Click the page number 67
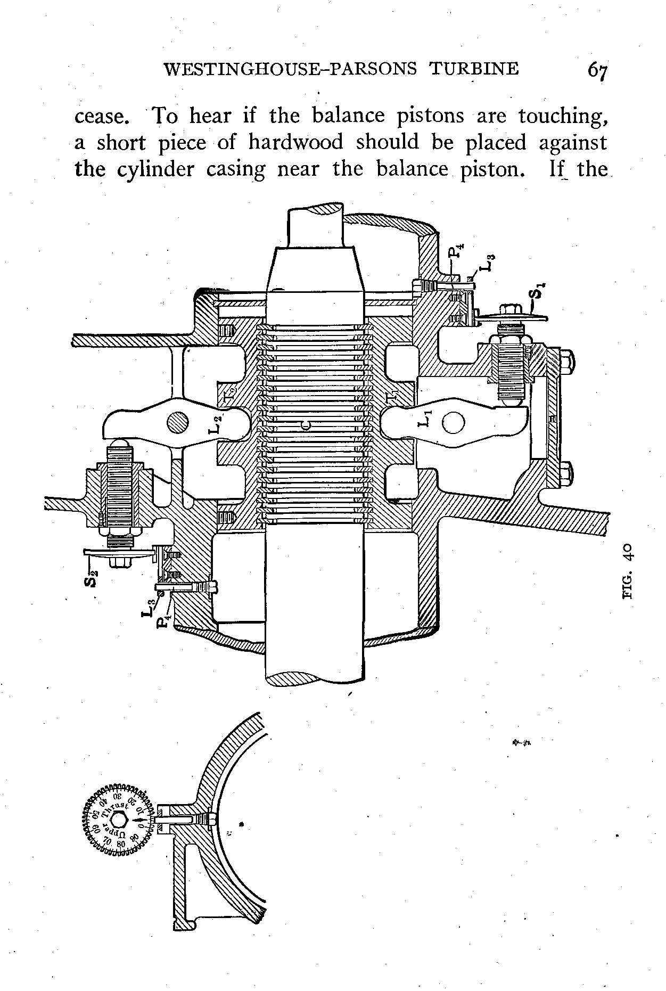(597, 71)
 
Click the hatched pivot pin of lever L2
(177, 423)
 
